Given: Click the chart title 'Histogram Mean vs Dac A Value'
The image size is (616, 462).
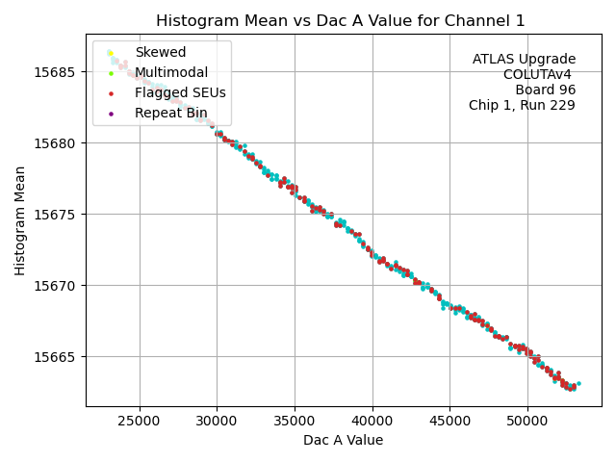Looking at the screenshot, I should [341, 21].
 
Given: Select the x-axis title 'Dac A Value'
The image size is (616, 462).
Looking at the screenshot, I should [343, 441].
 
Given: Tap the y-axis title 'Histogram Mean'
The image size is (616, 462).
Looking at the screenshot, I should [20, 220].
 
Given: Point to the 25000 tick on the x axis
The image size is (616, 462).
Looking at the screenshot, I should [139, 422].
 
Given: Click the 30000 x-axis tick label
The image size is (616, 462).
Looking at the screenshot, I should [217, 422].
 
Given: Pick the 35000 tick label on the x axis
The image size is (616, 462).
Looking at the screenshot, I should [295, 422].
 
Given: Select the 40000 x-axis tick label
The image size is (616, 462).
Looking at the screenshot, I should [372, 422].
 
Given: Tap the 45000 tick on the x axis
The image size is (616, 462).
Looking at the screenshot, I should [449, 422].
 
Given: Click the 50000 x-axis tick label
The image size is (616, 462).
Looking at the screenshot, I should [527, 422].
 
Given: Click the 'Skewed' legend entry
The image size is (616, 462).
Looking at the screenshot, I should [161, 52].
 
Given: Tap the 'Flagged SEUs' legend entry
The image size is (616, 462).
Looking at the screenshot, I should [180, 92].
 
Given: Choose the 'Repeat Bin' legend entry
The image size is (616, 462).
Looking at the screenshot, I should [169, 113].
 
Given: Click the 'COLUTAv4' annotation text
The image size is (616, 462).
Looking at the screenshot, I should [539, 75].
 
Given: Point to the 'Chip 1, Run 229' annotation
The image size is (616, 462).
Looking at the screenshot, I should [522, 106].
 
